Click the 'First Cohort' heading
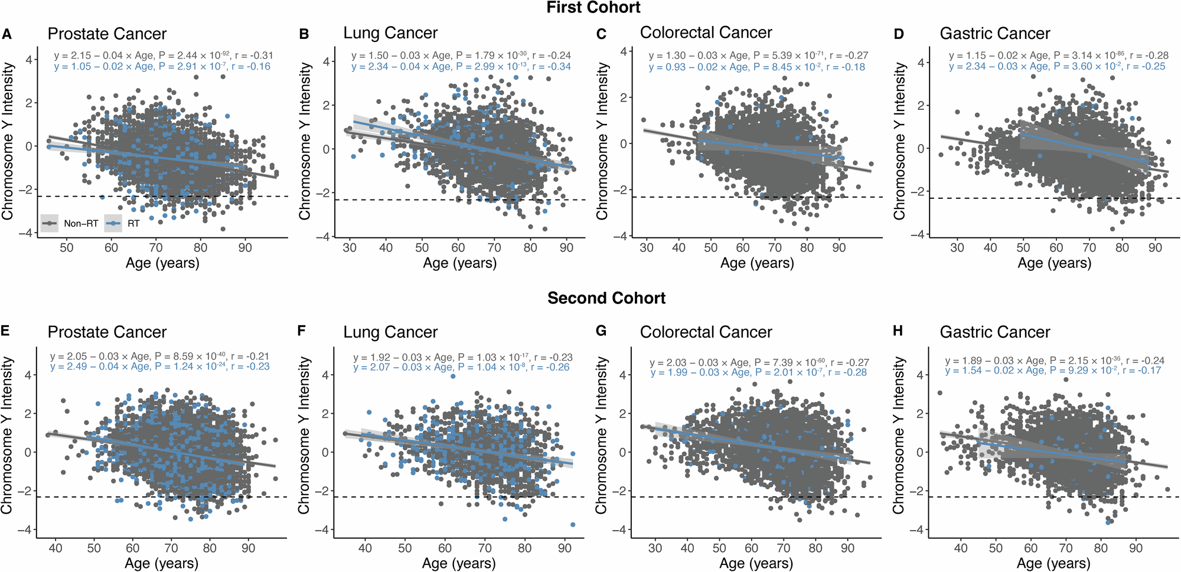click(593, 8)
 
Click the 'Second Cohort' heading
click(606, 298)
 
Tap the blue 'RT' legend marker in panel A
click(113, 224)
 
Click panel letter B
click(304, 34)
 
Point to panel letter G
click(601, 331)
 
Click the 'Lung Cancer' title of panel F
click(390, 332)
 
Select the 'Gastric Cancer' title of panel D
click(994, 34)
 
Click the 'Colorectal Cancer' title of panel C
click(706, 32)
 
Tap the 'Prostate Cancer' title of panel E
click(107, 332)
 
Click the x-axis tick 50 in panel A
click(66, 248)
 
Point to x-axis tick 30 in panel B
click(350, 248)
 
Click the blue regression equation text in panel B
click(461, 67)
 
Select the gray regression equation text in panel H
click(1054, 361)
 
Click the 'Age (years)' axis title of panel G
click(756, 564)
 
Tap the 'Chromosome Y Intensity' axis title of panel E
click(7, 435)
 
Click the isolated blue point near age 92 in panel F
click(573, 524)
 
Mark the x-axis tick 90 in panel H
click(1136, 548)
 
